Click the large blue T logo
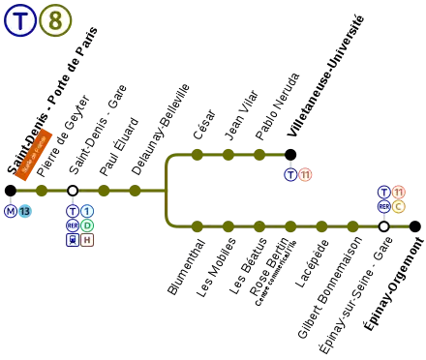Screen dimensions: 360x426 point(20,20)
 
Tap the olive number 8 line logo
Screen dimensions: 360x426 point(55,20)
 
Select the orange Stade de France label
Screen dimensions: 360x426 point(34,154)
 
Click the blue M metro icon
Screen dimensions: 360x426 point(11,211)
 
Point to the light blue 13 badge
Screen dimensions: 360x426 point(25,211)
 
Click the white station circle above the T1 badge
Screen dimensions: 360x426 point(73,191)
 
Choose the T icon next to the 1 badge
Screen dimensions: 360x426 point(73,211)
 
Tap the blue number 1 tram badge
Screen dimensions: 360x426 point(87,211)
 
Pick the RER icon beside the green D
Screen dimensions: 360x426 point(73,225)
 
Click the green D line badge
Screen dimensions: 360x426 point(87,225)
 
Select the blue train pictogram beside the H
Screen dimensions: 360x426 point(73,240)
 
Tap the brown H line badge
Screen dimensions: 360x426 point(87,240)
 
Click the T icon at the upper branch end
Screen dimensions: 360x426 point(290,175)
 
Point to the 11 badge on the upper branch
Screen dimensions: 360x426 point(305,175)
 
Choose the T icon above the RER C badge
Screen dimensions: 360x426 point(383,192)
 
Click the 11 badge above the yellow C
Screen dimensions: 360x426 point(398,192)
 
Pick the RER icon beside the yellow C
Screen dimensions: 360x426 point(383,206)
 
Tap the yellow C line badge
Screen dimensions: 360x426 point(398,206)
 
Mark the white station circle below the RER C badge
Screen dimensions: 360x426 point(383,226)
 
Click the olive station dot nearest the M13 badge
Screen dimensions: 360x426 point(41,191)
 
